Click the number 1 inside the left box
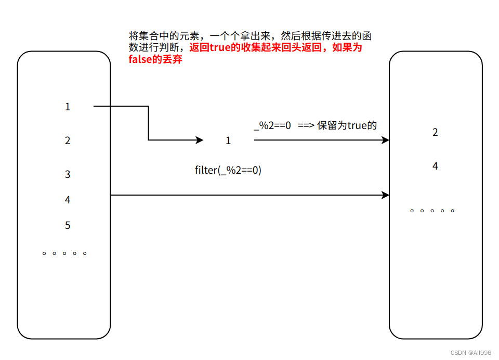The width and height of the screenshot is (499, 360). [x=68, y=107]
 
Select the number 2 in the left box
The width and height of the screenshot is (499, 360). [x=68, y=140]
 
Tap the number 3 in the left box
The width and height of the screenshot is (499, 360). [x=68, y=174]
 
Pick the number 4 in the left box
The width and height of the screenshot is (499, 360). [x=68, y=200]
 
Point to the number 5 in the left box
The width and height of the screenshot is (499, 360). [x=68, y=225]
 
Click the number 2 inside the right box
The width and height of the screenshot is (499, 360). [x=435, y=132]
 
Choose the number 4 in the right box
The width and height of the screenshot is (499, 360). [x=435, y=166]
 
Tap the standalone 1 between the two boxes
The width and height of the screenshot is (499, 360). [x=228, y=140]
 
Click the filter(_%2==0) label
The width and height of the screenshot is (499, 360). [x=228, y=170]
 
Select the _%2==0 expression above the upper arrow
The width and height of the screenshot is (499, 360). [x=272, y=125]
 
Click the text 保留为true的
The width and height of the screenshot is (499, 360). [x=347, y=125]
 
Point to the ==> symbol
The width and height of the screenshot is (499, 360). [x=307, y=125]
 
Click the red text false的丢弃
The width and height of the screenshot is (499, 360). [x=155, y=59]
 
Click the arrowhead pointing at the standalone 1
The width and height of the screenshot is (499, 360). [x=200, y=140]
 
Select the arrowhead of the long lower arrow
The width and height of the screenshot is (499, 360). [x=386, y=195]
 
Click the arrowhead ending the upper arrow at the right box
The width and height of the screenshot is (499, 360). [x=386, y=139]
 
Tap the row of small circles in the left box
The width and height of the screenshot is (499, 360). [x=64, y=253]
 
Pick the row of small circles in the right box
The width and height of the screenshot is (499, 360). [x=432, y=211]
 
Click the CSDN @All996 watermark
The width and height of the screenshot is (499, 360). [x=470, y=353]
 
